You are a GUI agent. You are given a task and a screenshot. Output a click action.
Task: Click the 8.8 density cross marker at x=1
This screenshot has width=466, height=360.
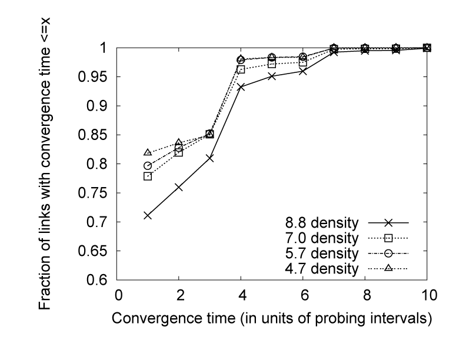[148, 215]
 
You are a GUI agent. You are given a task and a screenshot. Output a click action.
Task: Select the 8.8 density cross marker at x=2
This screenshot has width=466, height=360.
[179, 187]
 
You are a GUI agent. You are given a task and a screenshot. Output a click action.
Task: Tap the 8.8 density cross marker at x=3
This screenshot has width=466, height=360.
[209, 158]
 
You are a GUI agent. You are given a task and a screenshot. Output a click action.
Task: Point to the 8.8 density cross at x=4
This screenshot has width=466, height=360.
[241, 86]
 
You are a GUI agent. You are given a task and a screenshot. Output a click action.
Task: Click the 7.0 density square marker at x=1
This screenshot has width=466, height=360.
[148, 176]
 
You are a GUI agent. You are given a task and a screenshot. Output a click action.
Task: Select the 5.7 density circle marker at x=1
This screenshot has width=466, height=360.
[148, 166]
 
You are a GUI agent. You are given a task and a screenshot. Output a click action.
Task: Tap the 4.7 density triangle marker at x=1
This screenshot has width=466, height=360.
[148, 152]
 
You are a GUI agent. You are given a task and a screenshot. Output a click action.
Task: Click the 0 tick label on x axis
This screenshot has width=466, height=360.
[118, 294]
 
